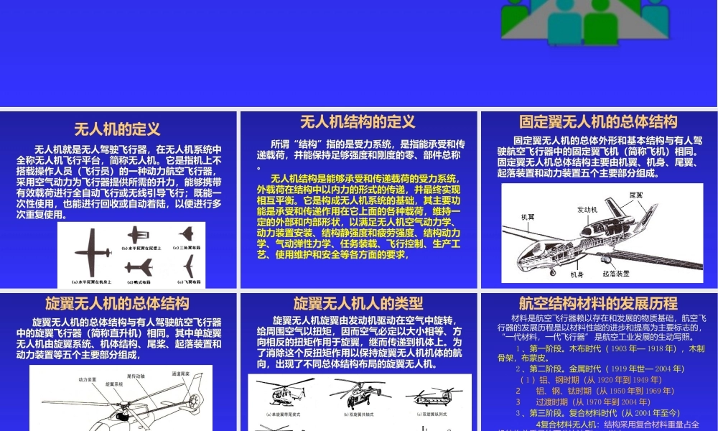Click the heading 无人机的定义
tap(117, 129)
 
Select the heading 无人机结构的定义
tap(358, 121)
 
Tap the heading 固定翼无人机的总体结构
tap(598, 121)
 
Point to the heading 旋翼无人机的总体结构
tap(117, 303)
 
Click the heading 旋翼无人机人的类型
tap(358, 303)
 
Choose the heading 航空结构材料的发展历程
tap(598, 303)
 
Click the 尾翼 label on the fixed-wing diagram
tap(636, 195)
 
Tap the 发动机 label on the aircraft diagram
tap(587, 210)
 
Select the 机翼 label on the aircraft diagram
tap(528, 216)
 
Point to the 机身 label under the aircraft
tap(577, 274)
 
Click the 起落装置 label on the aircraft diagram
tap(616, 274)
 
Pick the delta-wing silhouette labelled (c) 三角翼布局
tap(187, 234)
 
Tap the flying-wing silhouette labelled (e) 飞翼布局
tap(188, 267)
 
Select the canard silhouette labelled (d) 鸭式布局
tap(139, 267)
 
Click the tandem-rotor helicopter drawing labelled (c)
tap(429, 395)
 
